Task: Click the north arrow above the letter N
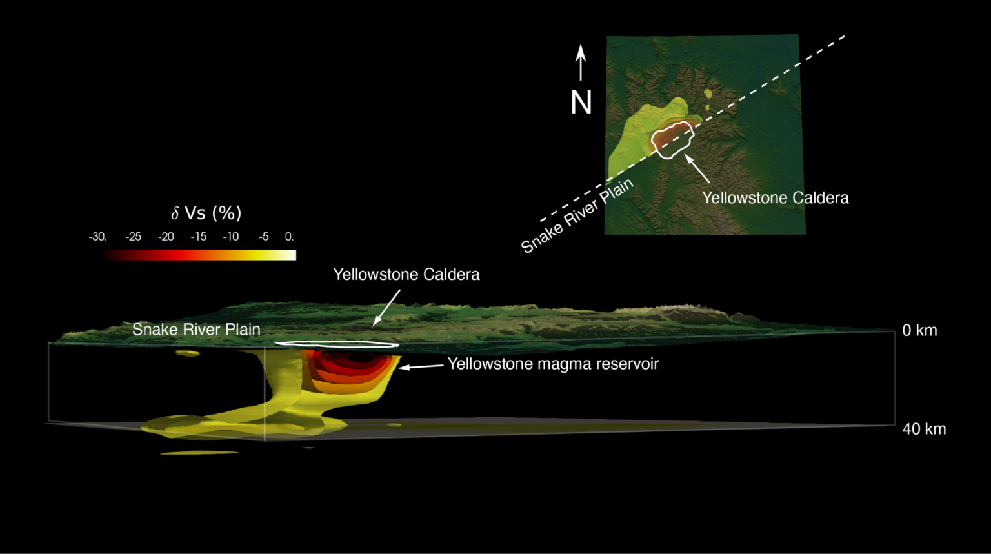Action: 581,62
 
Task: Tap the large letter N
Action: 581,103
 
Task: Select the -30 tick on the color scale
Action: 98,237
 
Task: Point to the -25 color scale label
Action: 133,237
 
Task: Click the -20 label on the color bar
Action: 166,237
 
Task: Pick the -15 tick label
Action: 199,237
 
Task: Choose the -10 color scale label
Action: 231,237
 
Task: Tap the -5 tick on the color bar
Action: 264,237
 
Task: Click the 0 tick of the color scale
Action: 289,237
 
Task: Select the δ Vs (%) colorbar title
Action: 206,213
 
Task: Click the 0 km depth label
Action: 919,330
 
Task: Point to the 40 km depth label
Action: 924,429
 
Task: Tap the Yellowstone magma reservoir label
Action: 553,364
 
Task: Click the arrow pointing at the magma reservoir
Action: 421,366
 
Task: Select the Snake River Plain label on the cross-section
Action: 196,330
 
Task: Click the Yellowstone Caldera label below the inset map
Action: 776,197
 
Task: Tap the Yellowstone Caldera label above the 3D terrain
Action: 406,275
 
